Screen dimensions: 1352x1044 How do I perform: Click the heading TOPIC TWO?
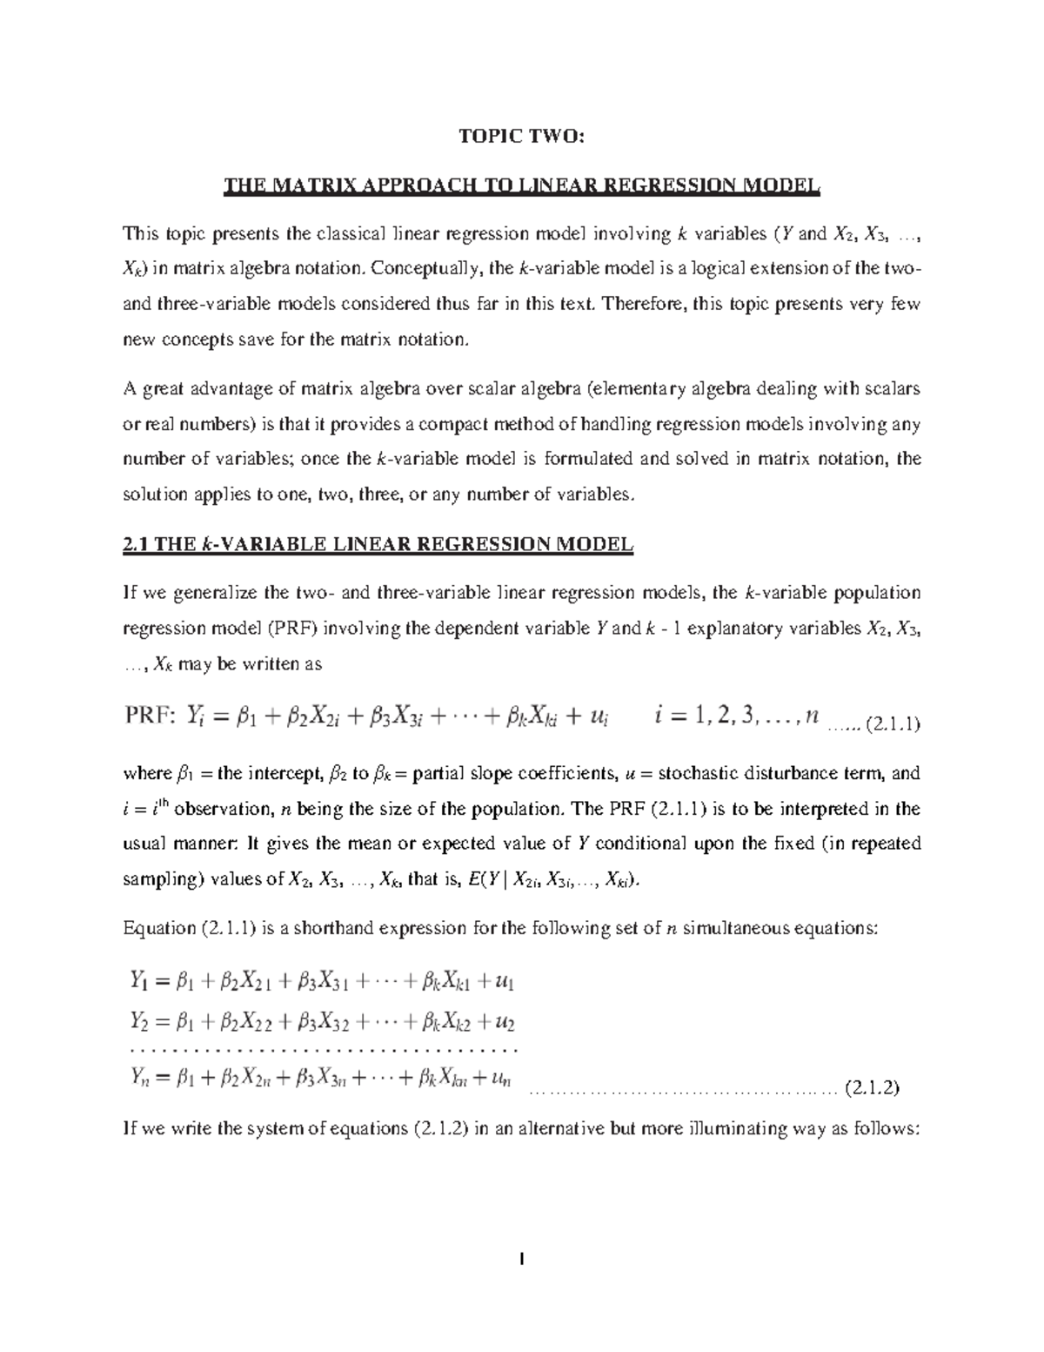click(x=522, y=137)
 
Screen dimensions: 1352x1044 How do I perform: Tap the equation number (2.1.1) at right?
click(x=889, y=723)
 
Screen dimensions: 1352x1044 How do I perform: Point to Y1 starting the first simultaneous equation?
click(x=138, y=982)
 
